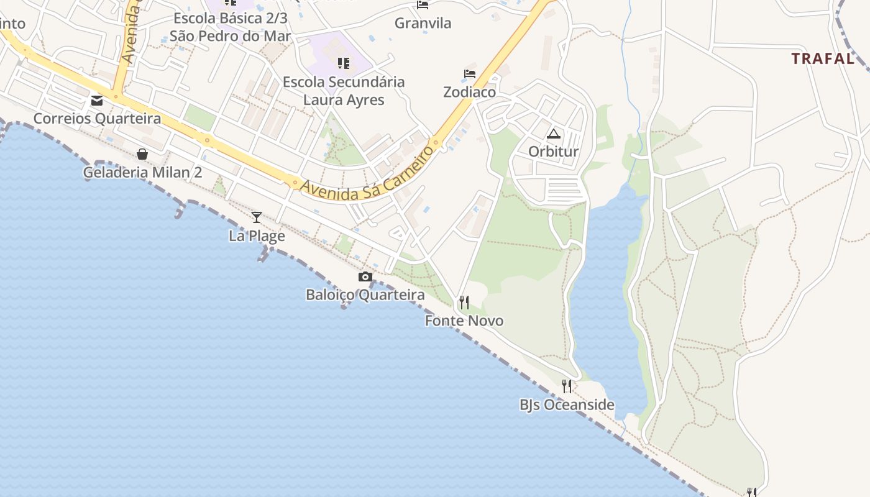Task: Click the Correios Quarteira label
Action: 97,119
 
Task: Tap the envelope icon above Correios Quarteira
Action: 97,101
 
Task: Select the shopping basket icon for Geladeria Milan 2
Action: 142,154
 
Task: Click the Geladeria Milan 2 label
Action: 142,172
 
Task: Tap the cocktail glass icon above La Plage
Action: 257,217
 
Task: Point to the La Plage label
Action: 257,236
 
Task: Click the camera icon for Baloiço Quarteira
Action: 365,277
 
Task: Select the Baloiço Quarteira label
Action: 365,295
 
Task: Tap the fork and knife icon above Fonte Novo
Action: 464,303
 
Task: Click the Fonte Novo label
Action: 464,321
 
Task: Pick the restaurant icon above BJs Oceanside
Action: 567,386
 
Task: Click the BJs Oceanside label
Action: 567,405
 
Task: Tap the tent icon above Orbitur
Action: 554,134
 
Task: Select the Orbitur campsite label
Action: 554,152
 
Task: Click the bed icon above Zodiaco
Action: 470,74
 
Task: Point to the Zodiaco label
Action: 470,92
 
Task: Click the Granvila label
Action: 423,24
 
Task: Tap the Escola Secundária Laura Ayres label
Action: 344,91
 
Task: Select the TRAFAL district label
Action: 823,59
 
